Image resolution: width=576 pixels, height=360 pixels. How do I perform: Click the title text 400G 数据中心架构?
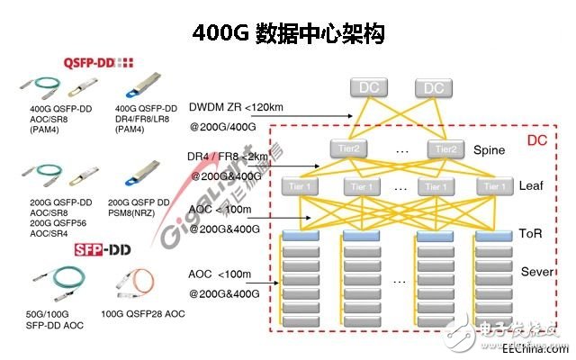[x=289, y=34]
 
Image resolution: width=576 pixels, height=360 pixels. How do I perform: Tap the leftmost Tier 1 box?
[x=299, y=185]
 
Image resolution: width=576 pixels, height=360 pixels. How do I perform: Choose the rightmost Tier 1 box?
[x=492, y=185]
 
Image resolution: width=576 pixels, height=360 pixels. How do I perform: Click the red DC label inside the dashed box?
[x=537, y=141]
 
